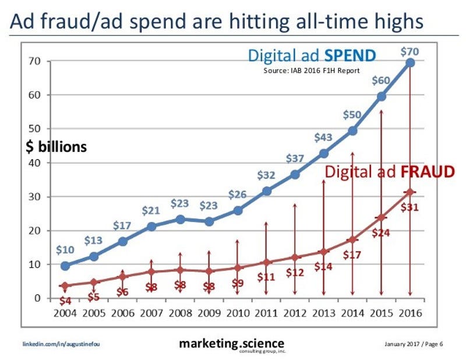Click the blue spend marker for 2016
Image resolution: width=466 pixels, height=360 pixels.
click(x=410, y=62)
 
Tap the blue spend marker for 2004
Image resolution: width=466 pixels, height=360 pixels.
click(x=65, y=266)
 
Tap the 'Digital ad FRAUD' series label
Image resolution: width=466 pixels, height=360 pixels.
click(x=389, y=172)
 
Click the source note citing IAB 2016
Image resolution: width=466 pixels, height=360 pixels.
click(x=312, y=70)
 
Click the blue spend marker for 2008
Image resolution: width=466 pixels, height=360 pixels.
click(x=180, y=220)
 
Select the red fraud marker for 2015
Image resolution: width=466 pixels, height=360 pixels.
click(x=382, y=217)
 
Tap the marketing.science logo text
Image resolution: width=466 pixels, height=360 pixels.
click(x=232, y=343)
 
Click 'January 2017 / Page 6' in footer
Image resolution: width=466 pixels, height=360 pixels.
click(x=414, y=343)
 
